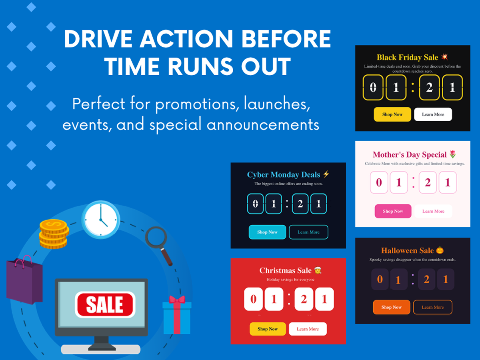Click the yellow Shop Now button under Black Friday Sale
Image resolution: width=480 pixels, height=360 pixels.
point(392,114)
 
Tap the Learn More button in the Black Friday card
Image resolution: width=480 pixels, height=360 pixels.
point(433,114)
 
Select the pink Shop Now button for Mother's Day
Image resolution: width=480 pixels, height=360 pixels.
point(393,211)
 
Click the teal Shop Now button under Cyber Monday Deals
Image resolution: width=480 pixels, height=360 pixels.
point(267,232)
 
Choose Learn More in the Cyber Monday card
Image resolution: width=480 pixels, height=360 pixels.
point(308,232)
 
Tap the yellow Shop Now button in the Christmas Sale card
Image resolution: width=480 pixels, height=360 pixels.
point(268,329)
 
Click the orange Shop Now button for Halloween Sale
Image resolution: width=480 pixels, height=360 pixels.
point(392,307)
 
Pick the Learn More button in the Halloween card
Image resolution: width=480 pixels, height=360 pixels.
point(433,307)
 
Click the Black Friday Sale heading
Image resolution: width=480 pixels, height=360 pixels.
point(407,57)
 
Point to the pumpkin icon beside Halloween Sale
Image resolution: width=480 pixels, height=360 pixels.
point(440,250)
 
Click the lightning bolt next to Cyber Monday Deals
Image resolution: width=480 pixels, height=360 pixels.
point(326,174)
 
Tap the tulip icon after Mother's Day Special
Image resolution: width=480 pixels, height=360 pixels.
point(453,154)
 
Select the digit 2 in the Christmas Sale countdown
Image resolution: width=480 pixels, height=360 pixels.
point(304,299)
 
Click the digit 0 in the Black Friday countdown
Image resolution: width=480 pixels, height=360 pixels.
point(373,88)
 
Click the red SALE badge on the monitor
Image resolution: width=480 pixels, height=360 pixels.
point(105,304)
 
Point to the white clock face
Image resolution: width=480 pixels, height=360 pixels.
point(101,220)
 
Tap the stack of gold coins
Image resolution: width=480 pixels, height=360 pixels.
point(54,234)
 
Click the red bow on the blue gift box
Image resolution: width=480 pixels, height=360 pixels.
point(177,299)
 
